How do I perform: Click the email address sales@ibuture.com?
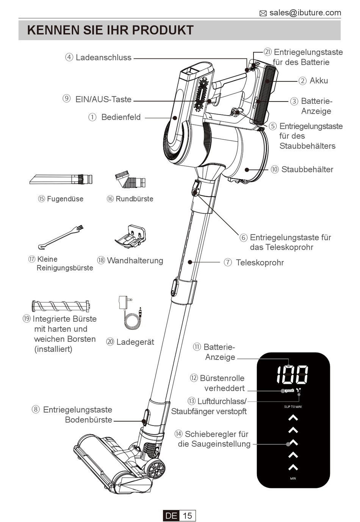click(305, 13)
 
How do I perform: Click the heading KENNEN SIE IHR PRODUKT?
click(110, 30)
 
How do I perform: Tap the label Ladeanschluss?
click(103, 58)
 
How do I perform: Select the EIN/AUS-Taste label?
click(103, 99)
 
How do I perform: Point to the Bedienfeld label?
click(121, 117)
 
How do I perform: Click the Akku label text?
click(318, 81)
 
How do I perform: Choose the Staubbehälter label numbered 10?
click(307, 169)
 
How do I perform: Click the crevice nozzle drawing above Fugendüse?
click(61, 179)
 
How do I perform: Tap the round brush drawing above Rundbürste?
click(130, 180)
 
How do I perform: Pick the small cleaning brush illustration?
click(61, 237)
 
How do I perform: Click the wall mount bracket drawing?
click(131, 237)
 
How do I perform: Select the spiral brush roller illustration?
click(61, 306)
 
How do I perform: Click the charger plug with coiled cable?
click(130, 313)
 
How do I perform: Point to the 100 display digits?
click(292, 375)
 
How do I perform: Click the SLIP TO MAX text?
click(293, 407)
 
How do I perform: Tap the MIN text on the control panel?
click(293, 479)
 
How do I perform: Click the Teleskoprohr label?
click(260, 263)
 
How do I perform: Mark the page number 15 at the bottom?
click(187, 516)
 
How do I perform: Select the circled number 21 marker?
click(268, 52)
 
